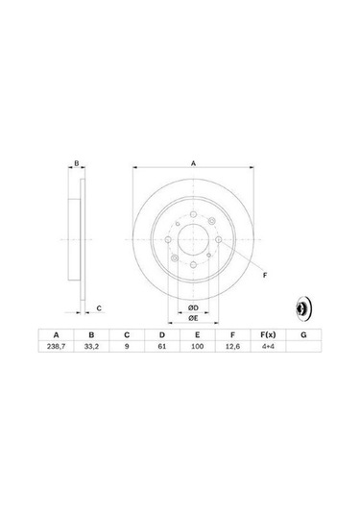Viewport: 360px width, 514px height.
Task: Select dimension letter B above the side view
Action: tap(78, 164)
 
